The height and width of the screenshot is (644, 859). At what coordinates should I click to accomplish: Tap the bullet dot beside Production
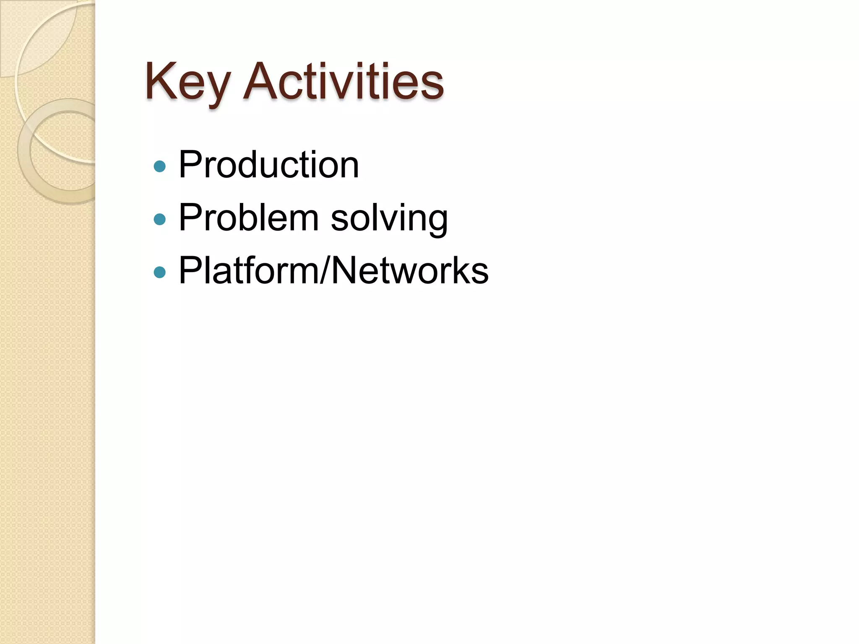point(160,166)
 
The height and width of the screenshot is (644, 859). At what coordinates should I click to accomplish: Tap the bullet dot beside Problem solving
point(160,219)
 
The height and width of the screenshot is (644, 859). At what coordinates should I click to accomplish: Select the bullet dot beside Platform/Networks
point(160,273)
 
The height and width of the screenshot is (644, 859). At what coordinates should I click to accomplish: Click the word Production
point(268,165)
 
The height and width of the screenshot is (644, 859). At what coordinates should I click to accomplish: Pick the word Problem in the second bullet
point(248,218)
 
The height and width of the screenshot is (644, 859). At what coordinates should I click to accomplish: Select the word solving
point(389,218)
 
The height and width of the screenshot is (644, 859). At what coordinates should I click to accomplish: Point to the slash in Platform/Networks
point(326,271)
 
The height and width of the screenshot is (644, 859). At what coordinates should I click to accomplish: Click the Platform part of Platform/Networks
point(248,270)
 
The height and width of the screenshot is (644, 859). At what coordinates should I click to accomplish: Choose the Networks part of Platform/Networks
point(410,270)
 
